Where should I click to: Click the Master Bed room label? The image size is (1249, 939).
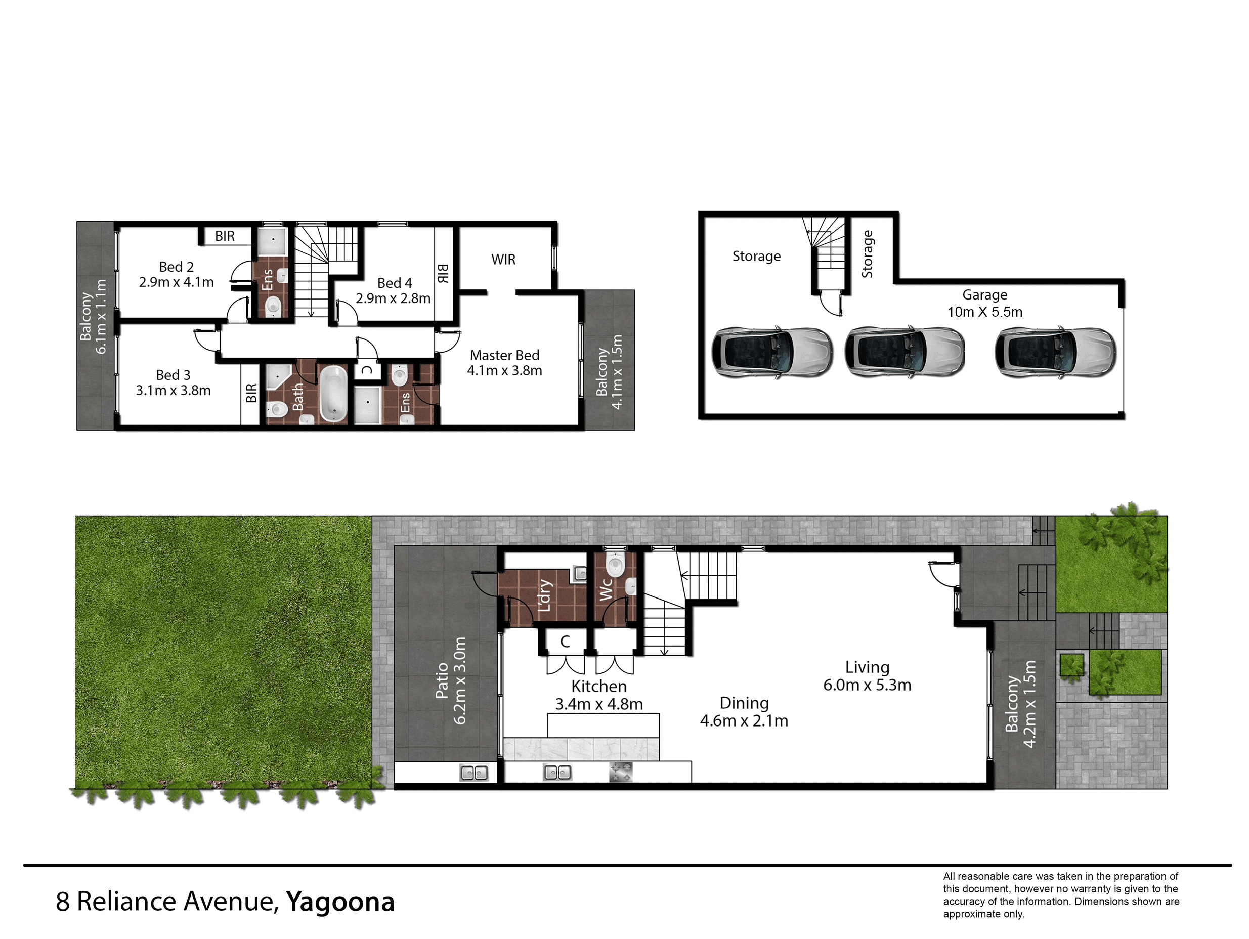(x=504, y=355)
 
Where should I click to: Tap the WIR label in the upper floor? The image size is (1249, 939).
(x=503, y=259)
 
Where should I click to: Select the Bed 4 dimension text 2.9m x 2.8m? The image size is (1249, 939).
(x=393, y=298)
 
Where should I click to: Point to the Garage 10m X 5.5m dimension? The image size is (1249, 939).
(x=985, y=312)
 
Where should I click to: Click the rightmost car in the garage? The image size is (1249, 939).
(x=1055, y=352)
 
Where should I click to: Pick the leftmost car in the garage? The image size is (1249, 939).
(x=771, y=351)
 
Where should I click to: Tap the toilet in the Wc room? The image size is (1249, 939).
(x=614, y=564)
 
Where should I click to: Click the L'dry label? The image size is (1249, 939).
(x=544, y=595)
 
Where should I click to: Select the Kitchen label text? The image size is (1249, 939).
(x=598, y=686)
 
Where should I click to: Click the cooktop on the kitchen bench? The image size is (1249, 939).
(x=621, y=773)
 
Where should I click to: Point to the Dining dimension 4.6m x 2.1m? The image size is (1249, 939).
(x=744, y=720)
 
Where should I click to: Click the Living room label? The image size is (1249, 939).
(x=867, y=667)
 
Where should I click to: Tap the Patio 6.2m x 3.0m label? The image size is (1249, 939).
(x=451, y=680)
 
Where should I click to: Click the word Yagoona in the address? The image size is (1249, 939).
(x=340, y=901)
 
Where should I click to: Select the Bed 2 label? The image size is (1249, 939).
(x=176, y=267)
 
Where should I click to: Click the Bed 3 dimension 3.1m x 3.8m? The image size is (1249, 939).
(x=174, y=390)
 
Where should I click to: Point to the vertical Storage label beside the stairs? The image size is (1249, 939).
(x=867, y=254)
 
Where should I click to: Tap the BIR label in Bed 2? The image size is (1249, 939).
(x=225, y=236)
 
